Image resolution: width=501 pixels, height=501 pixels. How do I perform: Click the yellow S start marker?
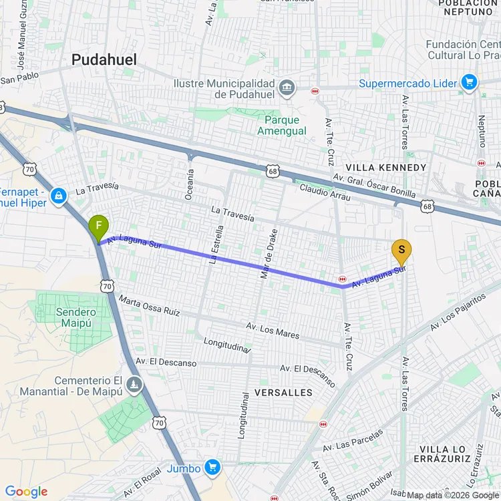401,252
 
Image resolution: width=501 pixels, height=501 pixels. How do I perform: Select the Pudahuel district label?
104,60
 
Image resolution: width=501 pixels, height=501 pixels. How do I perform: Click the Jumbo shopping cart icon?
212,467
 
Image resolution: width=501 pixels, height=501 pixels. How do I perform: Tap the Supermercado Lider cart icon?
469,83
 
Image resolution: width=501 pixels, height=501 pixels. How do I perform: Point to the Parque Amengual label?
282,126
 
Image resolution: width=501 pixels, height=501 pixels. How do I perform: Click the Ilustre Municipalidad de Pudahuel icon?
287,88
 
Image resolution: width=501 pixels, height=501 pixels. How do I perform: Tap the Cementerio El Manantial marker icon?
136,385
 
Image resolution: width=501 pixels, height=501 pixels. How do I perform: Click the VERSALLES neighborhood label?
283,393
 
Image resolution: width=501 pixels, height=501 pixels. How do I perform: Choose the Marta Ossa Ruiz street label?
150,307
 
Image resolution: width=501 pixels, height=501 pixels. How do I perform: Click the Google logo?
27,492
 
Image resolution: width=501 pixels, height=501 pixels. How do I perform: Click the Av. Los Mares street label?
273,330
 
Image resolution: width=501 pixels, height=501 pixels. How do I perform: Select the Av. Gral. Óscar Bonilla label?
374,186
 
